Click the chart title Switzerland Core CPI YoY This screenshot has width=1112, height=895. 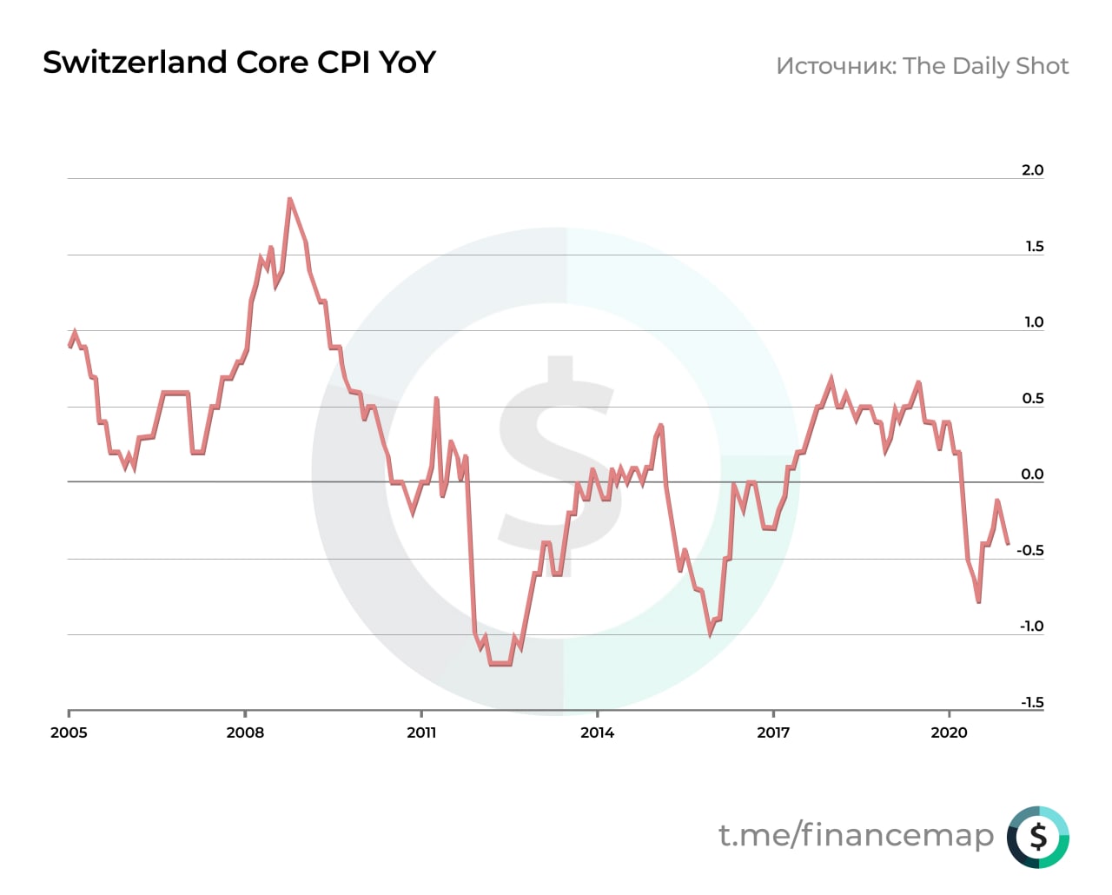[x=239, y=63]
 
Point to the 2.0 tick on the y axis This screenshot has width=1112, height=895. [x=1032, y=170]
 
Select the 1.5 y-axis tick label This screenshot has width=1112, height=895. [x=1034, y=247]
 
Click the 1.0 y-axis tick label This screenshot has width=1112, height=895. [x=1033, y=322]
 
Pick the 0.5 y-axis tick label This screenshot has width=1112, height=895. [x=1032, y=399]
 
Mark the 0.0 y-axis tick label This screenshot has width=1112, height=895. [x=1032, y=474]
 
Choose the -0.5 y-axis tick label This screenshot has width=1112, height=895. [x=1029, y=551]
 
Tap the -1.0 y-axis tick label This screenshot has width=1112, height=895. [x=1031, y=626]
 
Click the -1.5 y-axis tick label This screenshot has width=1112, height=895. [x=1031, y=703]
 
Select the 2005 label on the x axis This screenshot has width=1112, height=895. [x=69, y=733]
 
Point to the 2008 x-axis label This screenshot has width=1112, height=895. [x=245, y=733]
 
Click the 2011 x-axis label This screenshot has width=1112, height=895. [x=421, y=733]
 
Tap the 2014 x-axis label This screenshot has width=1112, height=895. [x=597, y=733]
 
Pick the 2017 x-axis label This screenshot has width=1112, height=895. [x=773, y=733]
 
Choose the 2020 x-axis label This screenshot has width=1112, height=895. [x=949, y=733]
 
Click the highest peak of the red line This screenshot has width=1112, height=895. [x=289, y=199]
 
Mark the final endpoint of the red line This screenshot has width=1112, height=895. [x=1008, y=544]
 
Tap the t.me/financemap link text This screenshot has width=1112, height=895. [x=856, y=835]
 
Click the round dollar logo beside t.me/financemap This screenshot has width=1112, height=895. [x=1038, y=837]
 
